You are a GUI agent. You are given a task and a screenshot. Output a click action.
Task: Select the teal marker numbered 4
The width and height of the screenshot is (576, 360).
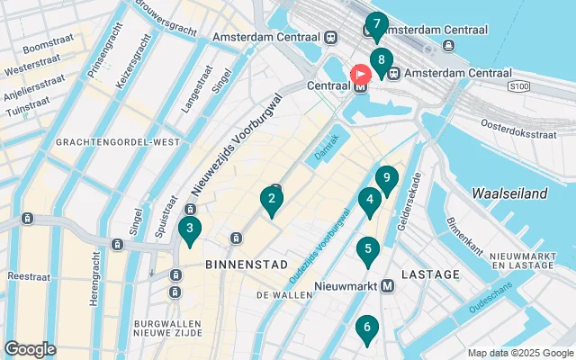pos(368,202)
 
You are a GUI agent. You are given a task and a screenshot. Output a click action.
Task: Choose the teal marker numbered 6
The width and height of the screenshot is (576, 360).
pos(365,329)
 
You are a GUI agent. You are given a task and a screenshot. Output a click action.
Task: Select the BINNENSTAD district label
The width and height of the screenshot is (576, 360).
pos(247,265)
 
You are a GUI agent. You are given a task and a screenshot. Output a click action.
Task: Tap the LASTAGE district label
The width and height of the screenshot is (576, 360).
pos(425,274)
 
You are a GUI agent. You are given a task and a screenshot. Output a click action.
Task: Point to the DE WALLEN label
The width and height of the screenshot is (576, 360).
pos(283,295)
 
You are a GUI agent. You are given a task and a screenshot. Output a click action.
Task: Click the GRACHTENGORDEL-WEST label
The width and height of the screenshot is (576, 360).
pos(118,142)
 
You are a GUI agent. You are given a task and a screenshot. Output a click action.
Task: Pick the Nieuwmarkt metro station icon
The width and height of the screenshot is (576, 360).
pos(388,286)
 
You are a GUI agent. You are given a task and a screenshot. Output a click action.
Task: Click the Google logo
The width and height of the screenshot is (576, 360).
pos(30,348)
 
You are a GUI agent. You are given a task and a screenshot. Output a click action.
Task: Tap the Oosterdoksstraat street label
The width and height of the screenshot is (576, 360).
pos(517,134)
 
